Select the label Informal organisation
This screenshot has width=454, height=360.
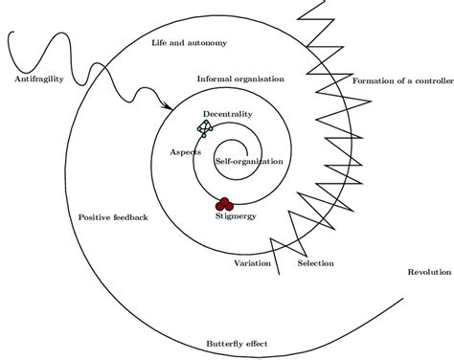pos(238,79)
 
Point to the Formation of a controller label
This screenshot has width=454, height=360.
pos(401,80)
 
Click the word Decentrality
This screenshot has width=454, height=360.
pos(227,115)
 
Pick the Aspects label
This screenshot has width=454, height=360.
pos(185,152)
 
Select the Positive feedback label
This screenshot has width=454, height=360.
pos(113,218)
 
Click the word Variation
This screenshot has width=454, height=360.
pos(253,263)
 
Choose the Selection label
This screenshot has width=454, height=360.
pos(315,263)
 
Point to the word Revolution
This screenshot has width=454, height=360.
pos(428,271)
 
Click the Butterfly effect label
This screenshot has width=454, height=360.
pos(237,343)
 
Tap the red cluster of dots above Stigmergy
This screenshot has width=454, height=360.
pos(224,204)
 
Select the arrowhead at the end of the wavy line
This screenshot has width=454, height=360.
pos(170,107)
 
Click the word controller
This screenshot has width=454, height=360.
pos(427,80)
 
